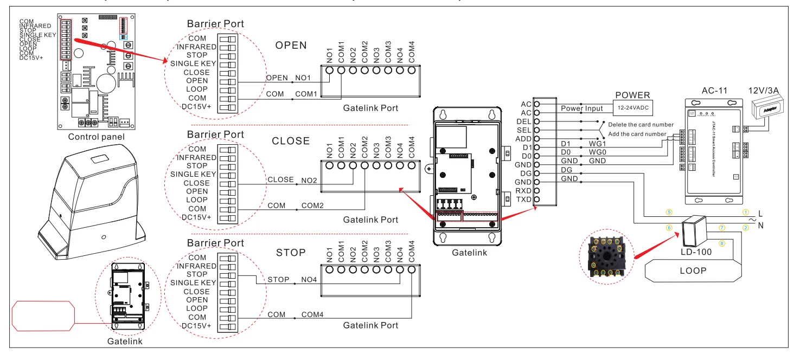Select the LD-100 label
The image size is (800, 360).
coord(696,253)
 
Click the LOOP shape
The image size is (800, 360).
coord(693,271)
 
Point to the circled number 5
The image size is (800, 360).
coord(669,213)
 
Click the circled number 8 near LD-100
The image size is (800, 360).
coord(721,243)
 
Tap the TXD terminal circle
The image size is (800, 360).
coord(537,200)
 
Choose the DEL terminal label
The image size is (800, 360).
coord(524,121)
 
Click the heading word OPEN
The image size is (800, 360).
coord(291,46)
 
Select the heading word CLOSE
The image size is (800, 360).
coord(291,141)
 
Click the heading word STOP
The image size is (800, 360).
coord(291,253)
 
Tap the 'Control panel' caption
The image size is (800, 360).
coord(96,137)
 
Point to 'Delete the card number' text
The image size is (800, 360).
coord(641,125)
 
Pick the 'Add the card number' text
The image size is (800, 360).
coord(637,134)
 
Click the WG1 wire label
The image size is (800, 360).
coord(598,143)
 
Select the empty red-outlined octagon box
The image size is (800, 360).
coord(42,316)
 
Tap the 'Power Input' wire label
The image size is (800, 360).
coord(581,108)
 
